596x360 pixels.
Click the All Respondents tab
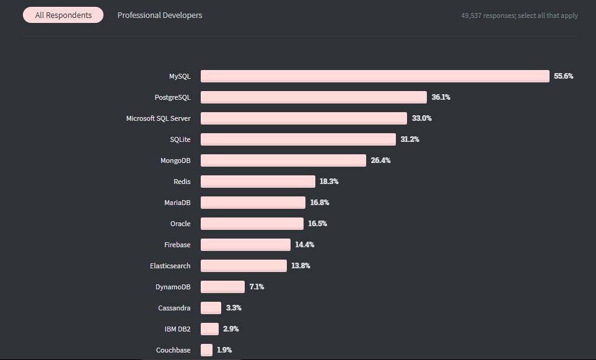tap(63, 15)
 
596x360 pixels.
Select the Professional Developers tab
tap(160, 15)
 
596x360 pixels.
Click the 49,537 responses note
tap(519, 15)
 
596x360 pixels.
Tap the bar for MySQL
tap(375, 76)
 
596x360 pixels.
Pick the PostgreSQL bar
tap(313, 97)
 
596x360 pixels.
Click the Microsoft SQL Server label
tap(158, 118)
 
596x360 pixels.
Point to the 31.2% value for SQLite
tap(410, 139)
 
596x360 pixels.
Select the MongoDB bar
tap(283, 160)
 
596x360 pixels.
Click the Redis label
tap(182, 182)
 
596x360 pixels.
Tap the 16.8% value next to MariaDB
tap(320, 202)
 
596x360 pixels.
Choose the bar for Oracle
tap(252, 224)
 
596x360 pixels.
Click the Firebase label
tap(177, 244)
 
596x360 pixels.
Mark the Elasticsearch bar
tap(243, 266)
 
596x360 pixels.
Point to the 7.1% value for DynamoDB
tap(257, 287)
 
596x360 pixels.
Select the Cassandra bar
tap(211, 308)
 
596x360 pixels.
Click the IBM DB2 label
tap(178, 329)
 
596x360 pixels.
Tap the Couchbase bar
tap(206, 349)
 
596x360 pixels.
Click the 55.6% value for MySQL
tap(563, 76)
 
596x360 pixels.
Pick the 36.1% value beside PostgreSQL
tap(441, 97)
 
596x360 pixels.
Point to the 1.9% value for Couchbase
tap(224, 349)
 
